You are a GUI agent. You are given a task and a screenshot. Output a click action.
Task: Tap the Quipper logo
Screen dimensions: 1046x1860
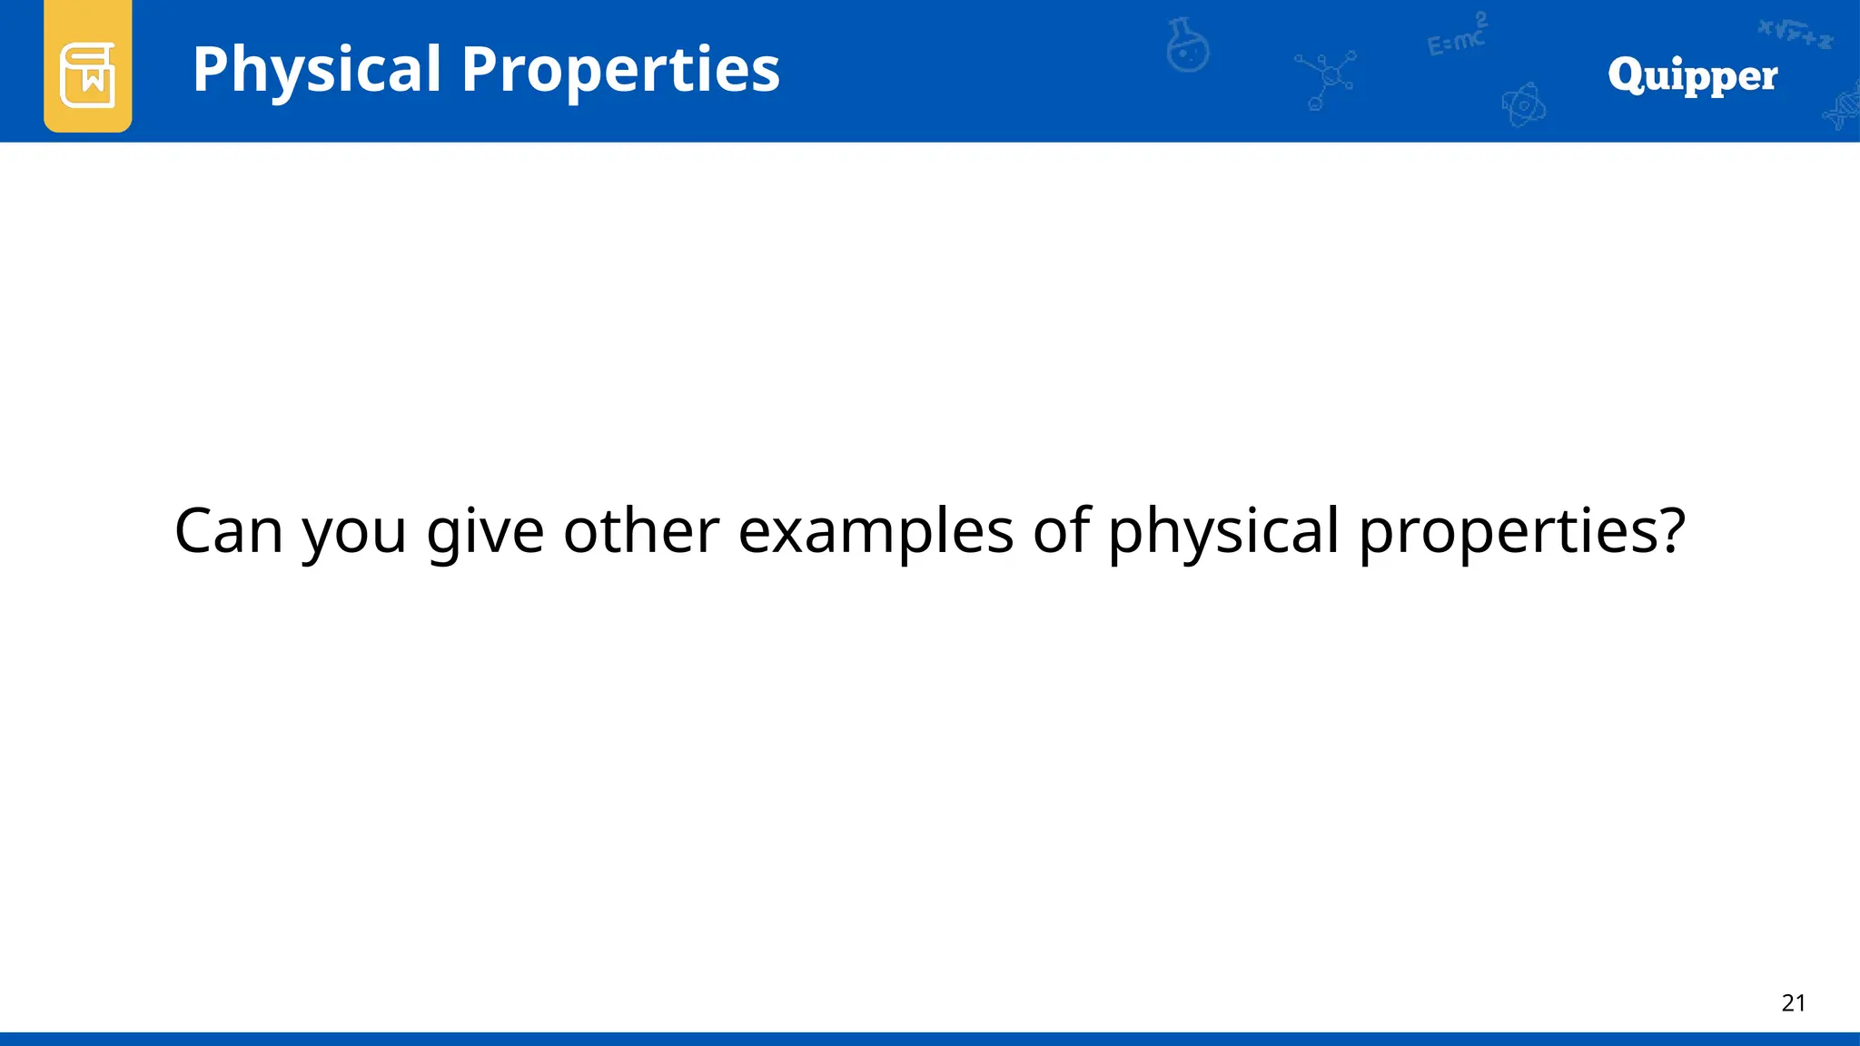pyautogui.click(x=1692, y=75)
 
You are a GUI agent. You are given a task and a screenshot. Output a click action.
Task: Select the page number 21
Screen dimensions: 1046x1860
pyautogui.click(x=1793, y=1002)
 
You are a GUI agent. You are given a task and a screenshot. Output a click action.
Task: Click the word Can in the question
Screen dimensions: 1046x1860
pyautogui.click(x=228, y=530)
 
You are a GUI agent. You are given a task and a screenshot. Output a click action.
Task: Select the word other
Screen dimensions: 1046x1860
pyautogui.click(x=641, y=530)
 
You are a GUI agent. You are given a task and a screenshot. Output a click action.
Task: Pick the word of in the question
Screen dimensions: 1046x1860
pyautogui.click(x=1061, y=530)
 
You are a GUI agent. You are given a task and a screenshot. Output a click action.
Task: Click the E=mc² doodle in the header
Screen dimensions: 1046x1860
pyautogui.click(x=1457, y=36)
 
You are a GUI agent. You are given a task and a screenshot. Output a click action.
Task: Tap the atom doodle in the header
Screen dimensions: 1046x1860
pyautogui.click(x=1523, y=105)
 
